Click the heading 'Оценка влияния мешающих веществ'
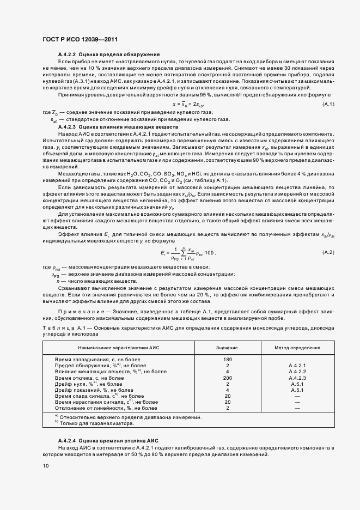tap(126, 126)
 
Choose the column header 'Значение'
tap(227, 347)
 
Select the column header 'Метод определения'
tap(297, 347)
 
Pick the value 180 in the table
tap(228, 360)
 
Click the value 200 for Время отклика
tap(228, 378)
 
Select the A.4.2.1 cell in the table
tap(297, 366)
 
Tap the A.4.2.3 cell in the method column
tap(297, 378)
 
